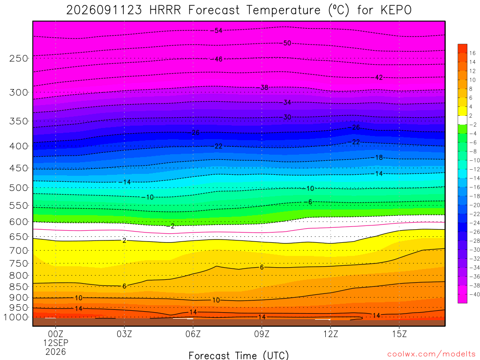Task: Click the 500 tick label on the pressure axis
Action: pos(18,187)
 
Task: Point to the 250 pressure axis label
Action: pos(18,58)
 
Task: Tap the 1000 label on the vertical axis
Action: pos(15,317)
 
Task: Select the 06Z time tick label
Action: pos(193,334)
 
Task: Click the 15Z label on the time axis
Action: pos(399,334)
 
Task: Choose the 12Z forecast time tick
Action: pos(330,334)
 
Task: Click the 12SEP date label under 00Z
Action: pos(56,343)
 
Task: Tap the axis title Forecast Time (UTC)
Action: pos(239,355)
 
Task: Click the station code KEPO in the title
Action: pos(396,10)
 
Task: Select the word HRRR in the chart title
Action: pos(165,10)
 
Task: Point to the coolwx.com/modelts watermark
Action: pos(431,354)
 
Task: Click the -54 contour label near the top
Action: pos(217,30)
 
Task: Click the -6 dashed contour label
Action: pos(308,202)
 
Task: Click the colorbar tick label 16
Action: pos(472,53)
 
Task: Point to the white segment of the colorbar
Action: pos(462,120)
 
